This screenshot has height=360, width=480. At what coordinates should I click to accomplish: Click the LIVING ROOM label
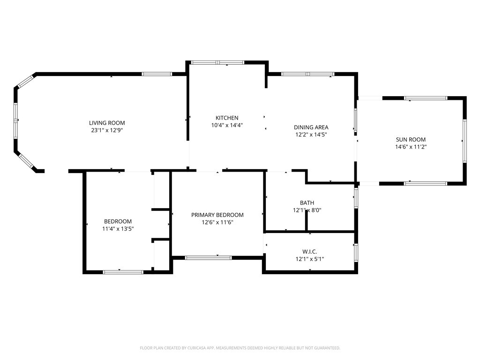107,123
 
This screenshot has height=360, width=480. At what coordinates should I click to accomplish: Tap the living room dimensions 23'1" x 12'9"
107,130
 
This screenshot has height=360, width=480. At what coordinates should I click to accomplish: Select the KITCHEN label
227,118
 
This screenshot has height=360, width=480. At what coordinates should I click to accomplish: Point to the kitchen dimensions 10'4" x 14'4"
227,125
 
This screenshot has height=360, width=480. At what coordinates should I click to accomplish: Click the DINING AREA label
311,127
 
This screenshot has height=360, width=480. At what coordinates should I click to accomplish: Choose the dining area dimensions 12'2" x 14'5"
311,135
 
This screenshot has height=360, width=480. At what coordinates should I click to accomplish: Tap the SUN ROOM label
411,139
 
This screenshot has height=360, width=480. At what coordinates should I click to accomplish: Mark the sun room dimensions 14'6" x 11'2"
411,147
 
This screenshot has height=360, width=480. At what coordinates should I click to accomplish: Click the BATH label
307,203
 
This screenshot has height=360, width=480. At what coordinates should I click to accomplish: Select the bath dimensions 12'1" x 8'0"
307,210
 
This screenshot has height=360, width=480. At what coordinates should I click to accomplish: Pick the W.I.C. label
310,252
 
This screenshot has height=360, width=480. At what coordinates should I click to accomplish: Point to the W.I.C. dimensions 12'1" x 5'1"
310,259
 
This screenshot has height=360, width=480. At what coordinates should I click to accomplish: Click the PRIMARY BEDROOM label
217,215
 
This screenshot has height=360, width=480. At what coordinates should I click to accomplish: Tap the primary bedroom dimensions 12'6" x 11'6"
217,222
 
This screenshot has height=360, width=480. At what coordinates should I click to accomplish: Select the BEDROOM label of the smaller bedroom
118,221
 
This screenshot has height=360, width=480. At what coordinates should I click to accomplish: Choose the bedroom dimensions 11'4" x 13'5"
118,229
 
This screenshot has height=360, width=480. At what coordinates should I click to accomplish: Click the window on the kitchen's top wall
217,62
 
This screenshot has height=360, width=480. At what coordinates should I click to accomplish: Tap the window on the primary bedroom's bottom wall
209,257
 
